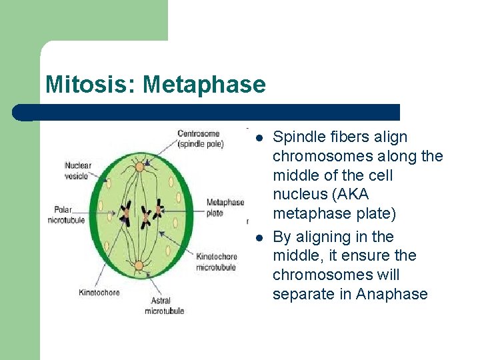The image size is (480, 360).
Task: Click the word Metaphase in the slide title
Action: (203, 85)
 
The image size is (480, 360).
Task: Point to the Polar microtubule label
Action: (67, 215)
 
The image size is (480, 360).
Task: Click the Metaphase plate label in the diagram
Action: (225, 207)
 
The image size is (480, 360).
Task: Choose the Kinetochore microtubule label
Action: (216, 261)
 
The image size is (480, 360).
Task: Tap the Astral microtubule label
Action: (164, 305)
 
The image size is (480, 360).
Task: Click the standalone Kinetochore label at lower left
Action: (99, 292)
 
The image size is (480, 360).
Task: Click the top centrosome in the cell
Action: (139, 165)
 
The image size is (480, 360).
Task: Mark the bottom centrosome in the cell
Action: (139, 265)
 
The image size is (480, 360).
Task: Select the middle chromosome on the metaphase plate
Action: (144, 215)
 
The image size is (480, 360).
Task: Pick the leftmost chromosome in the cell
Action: (125, 214)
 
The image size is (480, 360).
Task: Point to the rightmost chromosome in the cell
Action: (159, 212)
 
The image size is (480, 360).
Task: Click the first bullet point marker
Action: (259, 137)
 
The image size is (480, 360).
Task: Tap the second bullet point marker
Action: (259, 237)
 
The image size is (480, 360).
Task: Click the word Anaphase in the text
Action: (392, 294)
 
